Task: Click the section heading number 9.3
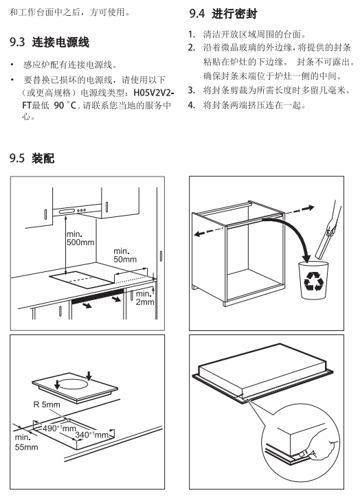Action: (x=17, y=43)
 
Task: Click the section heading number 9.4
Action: (x=196, y=14)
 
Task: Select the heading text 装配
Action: (x=43, y=158)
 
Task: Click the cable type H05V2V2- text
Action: (x=154, y=93)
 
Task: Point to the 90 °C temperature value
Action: (x=65, y=105)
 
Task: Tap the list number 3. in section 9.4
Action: (x=192, y=90)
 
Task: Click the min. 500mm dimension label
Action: (x=80, y=238)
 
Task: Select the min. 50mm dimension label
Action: (x=125, y=255)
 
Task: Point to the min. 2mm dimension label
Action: (x=145, y=298)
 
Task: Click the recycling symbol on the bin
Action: (x=313, y=281)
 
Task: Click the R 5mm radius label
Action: (x=47, y=404)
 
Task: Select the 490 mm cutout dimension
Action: (x=59, y=428)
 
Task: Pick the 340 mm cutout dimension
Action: (x=92, y=435)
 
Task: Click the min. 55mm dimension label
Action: (x=26, y=442)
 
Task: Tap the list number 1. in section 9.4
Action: (x=192, y=34)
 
